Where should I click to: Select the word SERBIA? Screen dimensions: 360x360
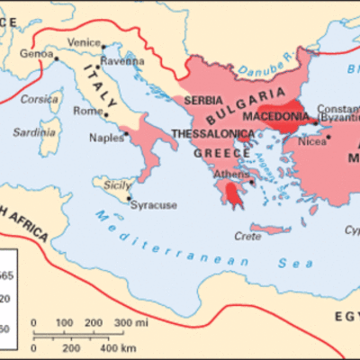tap(203, 101)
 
